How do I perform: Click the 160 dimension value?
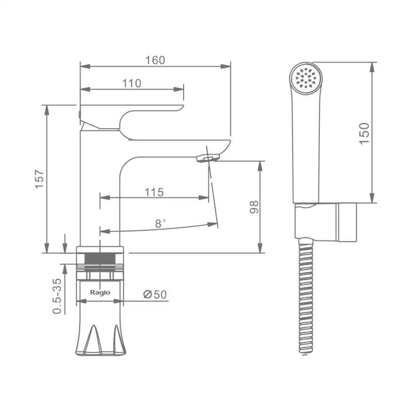click(155, 60)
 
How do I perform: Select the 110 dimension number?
click(131, 83)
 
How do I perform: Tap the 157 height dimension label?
click(40, 179)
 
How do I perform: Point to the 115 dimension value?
click(154, 192)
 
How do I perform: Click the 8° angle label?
click(160, 223)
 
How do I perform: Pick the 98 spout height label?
click(254, 207)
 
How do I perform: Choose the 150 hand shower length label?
click(364, 133)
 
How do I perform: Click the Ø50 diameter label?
click(155, 294)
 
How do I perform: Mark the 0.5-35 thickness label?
click(57, 296)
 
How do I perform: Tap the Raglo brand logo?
click(100, 293)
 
